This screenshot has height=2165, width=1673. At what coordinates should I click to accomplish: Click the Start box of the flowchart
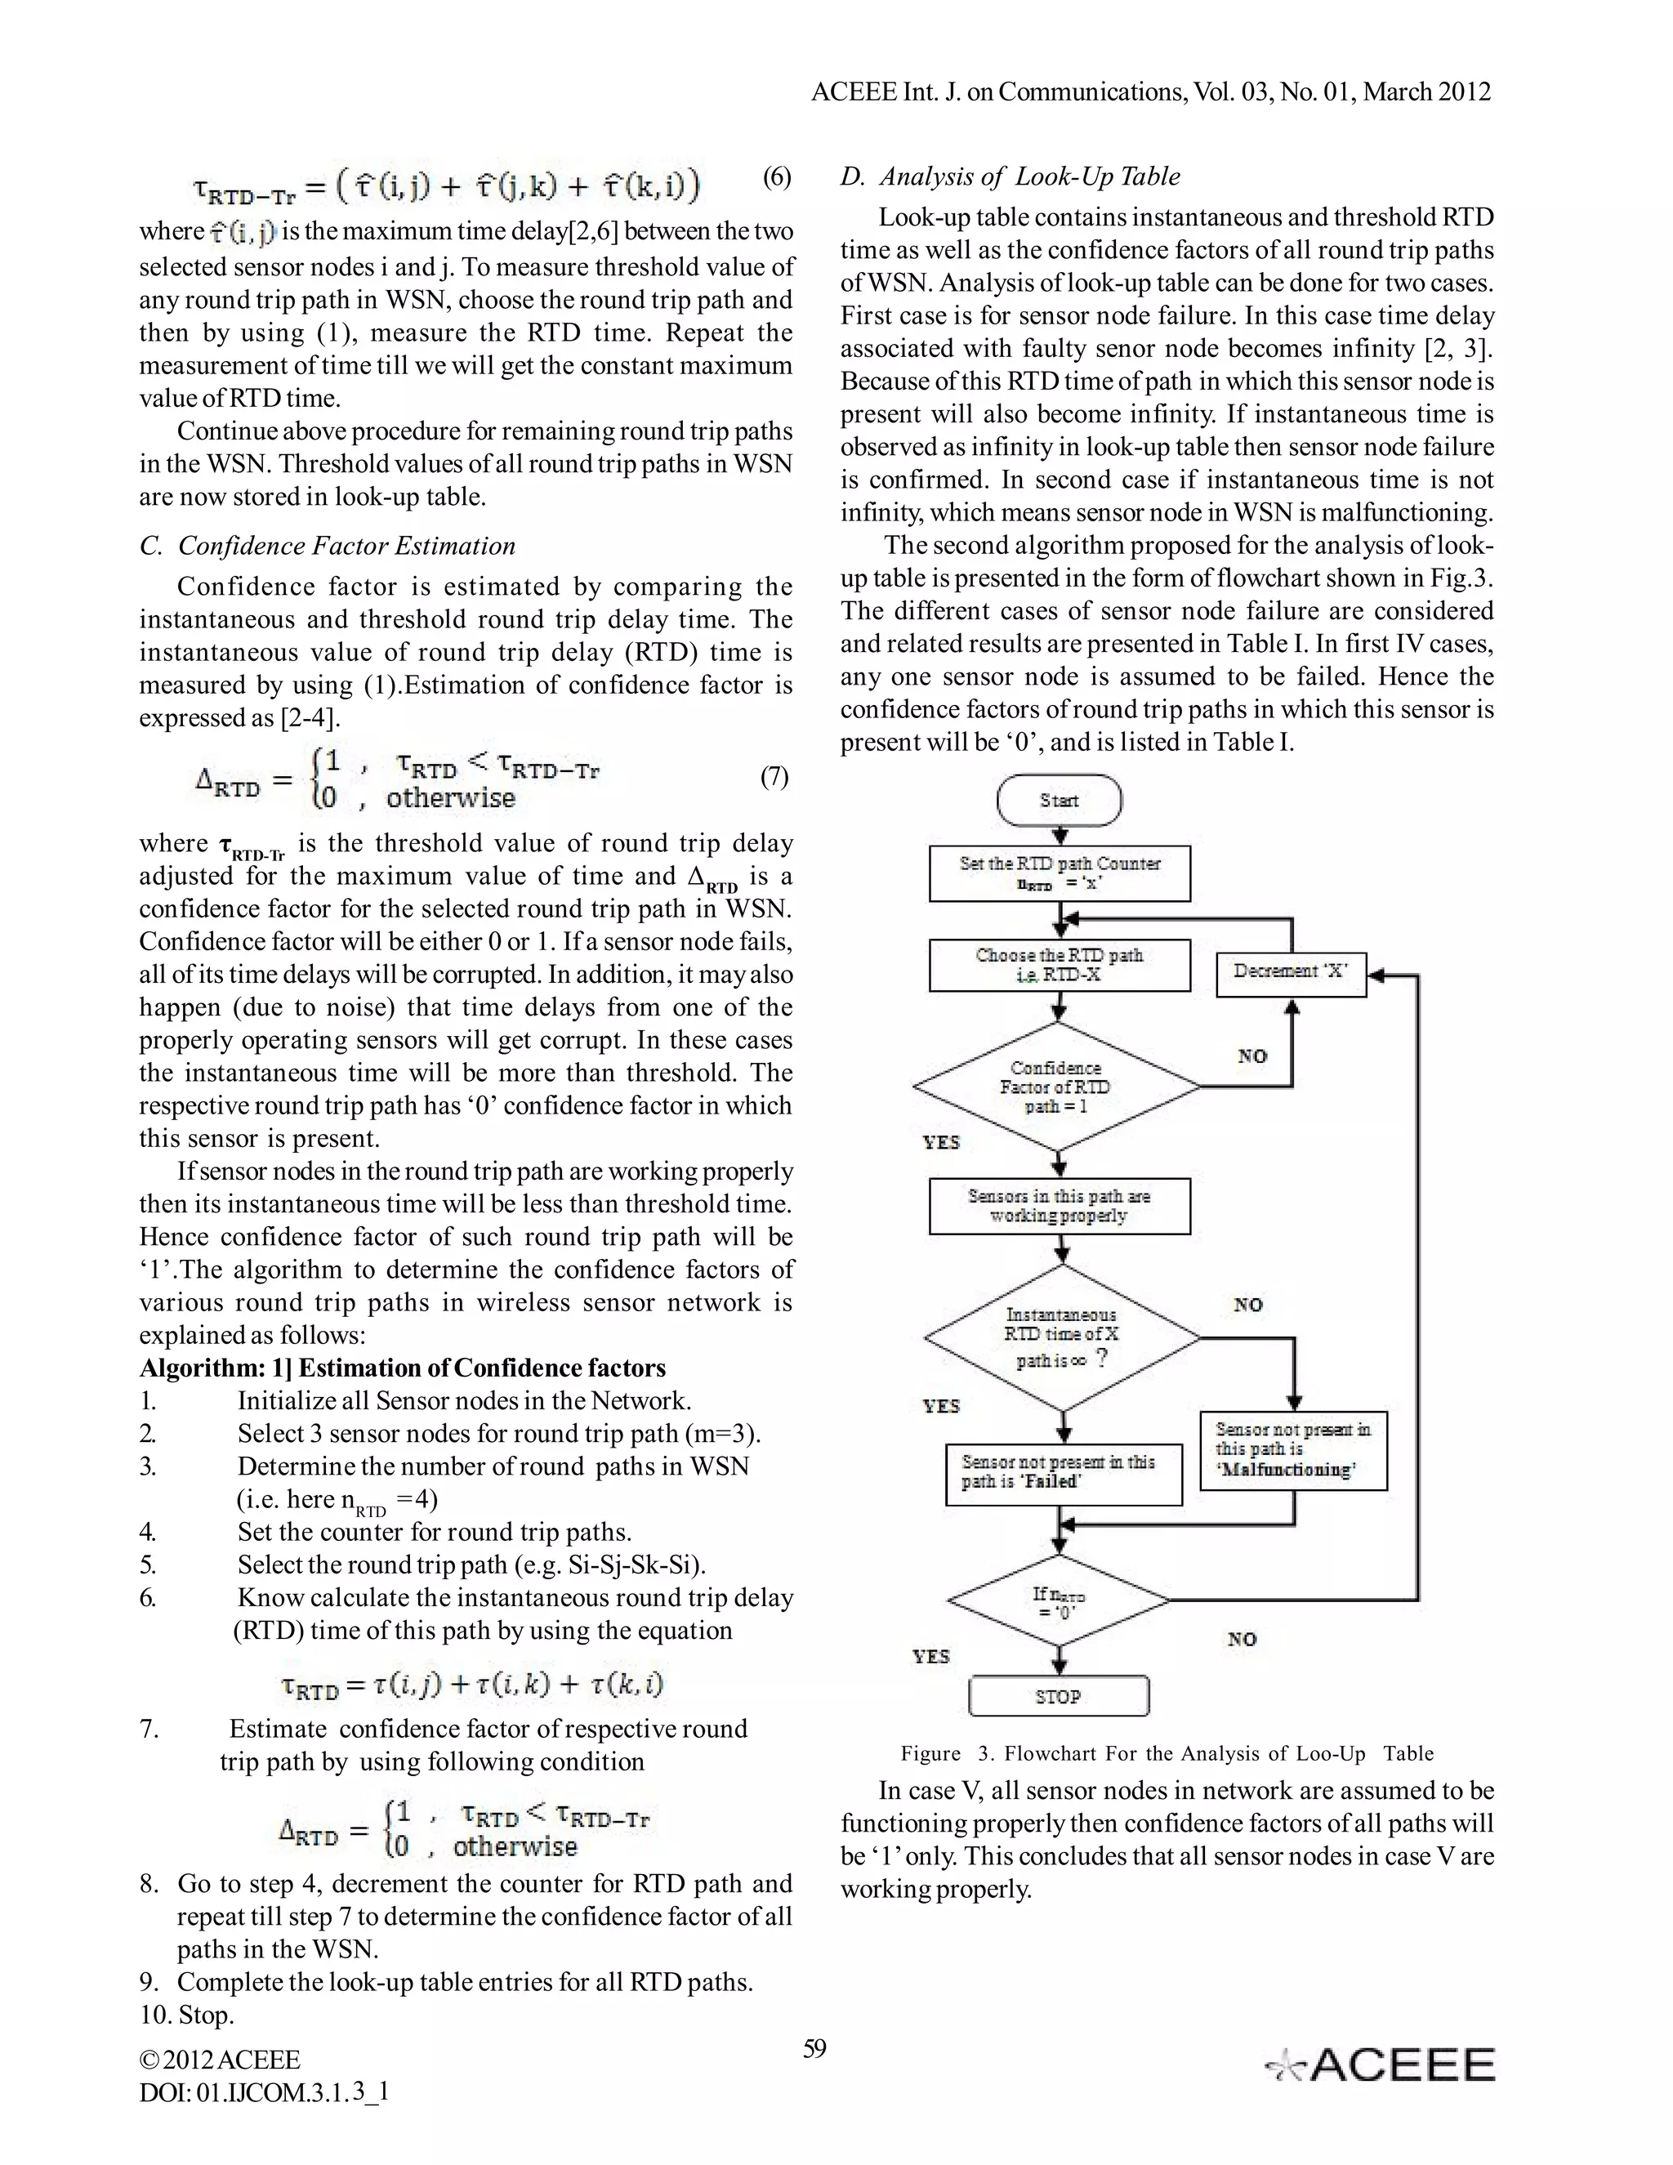coord(1059,800)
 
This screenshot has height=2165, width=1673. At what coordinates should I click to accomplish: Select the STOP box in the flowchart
coord(1059,1696)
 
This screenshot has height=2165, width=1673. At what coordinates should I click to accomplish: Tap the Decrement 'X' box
coord(1291,972)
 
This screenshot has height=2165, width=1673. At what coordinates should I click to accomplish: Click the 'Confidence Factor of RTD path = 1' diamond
coord(1056,1087)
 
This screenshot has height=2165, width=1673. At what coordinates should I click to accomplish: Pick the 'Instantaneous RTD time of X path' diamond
coord(1061,1337)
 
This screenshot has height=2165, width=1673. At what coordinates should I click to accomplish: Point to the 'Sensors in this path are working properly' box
coord(1059,1205)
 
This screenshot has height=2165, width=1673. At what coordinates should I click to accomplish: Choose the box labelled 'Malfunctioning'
coord(1292,1450)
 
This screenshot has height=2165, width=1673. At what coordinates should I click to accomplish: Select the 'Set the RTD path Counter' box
coord(1059,873)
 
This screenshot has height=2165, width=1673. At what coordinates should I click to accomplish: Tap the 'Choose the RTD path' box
coord(1059,965)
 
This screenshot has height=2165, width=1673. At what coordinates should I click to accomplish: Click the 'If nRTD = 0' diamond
coord(1059,1601)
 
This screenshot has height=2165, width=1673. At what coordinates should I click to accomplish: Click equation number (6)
coord(776,177)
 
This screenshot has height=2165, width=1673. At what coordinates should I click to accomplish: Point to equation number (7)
coord(774,776)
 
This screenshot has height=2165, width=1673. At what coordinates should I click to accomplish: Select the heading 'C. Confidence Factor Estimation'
coord(328,547)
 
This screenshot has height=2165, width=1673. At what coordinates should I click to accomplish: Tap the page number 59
coord(814,2049)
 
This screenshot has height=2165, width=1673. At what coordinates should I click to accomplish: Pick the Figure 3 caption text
coord(1167,1752)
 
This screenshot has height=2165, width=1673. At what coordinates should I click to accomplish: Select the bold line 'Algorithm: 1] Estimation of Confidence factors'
coord(403,1368)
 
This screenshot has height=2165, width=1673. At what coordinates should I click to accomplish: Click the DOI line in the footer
coord(264,2092)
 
